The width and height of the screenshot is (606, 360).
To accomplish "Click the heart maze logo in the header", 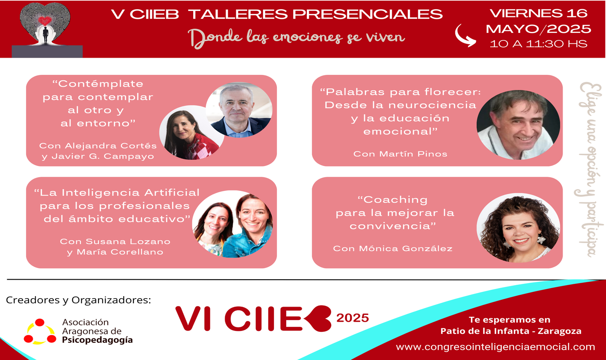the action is [x=45, y=24].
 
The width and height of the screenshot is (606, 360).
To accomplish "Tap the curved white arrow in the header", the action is [x=465, y=36].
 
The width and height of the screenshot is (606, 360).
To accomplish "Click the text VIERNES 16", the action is [x=539, y=13].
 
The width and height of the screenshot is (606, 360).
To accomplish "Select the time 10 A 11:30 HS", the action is [x=539, y=44].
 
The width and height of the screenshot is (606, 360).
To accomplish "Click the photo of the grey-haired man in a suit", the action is [x=239, y=110].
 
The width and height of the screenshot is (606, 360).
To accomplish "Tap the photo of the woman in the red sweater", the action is [x=191, y=132].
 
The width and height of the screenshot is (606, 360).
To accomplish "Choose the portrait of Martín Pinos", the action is [x=518, y=125].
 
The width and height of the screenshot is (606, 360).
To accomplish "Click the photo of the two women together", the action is [x=232, y=224].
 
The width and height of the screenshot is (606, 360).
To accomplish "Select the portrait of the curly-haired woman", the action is [x=518, y=228].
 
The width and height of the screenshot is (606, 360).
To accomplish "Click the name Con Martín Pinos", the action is [x=400, y=154].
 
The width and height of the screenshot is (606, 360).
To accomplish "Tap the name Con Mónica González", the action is [x=393, y=249].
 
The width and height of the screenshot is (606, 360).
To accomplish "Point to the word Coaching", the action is [x=393, y=200].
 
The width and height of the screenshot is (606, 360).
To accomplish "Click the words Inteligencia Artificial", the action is [x=130, y=193].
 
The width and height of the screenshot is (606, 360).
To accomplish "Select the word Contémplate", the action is [x=98, y=84].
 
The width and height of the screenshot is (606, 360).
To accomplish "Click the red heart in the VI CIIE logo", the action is [x=318, y=318].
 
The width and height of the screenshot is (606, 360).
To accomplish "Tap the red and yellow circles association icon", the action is [x=40, y=332].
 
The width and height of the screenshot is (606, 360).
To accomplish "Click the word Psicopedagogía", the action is [x=97, y=340].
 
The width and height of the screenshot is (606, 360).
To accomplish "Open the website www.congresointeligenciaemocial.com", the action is [x=495, y=347].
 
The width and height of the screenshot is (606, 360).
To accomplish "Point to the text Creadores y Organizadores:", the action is [x=78, y=300].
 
